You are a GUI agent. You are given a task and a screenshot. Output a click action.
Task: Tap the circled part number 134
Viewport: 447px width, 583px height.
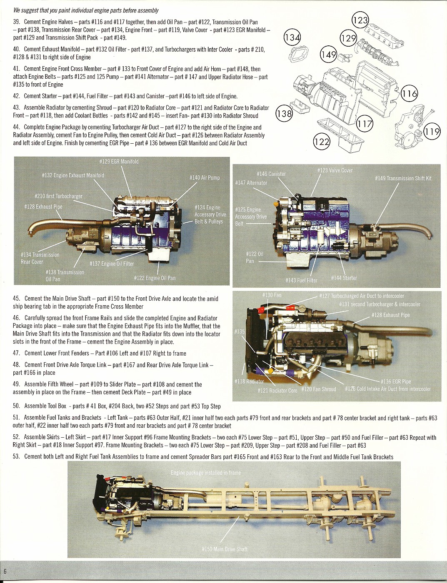click(x=292, y=38)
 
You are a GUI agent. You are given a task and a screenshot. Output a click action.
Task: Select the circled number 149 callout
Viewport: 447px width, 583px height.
click(x=329, y=55)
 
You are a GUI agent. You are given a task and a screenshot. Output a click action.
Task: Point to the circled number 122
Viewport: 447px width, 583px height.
click(x=322, y=142)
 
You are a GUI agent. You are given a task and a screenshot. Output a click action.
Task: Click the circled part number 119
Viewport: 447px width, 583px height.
click(x=432, y=132)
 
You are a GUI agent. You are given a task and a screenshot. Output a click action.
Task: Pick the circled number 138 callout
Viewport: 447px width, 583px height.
click(x=285, y=114)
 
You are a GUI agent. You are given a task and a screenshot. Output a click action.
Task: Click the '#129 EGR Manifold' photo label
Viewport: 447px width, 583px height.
click(x=119, y=162)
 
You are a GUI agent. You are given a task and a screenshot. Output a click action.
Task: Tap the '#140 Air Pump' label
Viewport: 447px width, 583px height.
click(x=205, y=178)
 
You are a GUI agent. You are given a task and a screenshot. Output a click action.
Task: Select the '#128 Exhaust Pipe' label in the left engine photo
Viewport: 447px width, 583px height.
click(x=43, y=207)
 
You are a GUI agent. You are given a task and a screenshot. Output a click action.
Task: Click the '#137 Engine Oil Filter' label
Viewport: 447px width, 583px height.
click(x=112, y=264)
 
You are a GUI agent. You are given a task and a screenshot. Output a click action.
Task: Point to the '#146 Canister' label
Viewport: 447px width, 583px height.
click(x=271, y=174)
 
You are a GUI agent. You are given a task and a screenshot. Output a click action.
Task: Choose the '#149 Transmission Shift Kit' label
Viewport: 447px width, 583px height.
click(x=403, y=178)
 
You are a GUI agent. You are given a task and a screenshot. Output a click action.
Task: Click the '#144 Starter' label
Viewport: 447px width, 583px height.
click(x=344, y=278)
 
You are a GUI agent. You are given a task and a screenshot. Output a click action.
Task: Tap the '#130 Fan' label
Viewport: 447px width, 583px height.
click(x=272, y=295)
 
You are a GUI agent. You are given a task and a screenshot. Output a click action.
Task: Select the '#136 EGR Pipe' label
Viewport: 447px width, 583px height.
click(x=396, y=381)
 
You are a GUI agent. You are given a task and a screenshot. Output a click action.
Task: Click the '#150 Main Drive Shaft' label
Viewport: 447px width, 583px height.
click(x=225, y=549)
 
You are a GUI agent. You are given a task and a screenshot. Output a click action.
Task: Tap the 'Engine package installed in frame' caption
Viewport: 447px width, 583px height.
click(x=206, y=473)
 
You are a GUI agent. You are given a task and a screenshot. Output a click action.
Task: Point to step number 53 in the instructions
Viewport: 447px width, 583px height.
click(x=16, y=457)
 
